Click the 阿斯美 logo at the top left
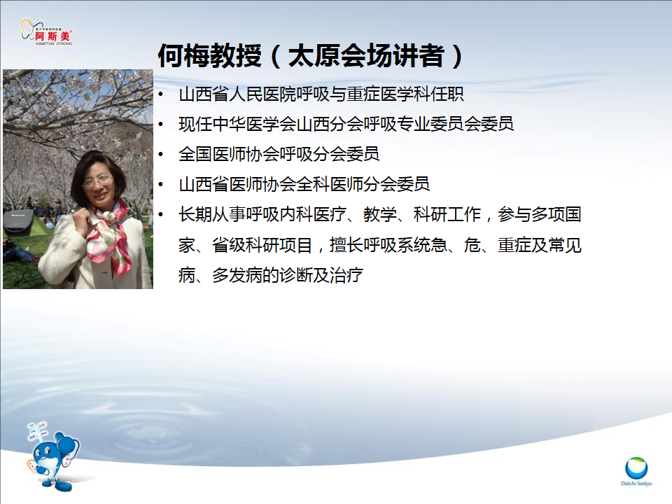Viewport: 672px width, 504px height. click(47, 31)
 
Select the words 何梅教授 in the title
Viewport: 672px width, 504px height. click(209, 56)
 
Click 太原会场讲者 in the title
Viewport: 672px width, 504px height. click(366, 56)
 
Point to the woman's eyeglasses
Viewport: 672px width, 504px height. click(98, 181)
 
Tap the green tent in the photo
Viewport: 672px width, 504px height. click(24, 223)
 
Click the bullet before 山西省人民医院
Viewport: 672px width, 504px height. click(161, 94)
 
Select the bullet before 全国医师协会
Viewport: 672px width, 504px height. click(161, 154)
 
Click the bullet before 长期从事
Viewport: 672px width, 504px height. click(161, 214)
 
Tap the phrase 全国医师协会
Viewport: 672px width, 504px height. click(229, 154)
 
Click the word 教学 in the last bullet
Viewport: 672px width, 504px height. click(379, 214)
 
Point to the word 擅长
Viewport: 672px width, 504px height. click(346, 245)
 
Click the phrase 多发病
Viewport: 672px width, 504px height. click(237, 275)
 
